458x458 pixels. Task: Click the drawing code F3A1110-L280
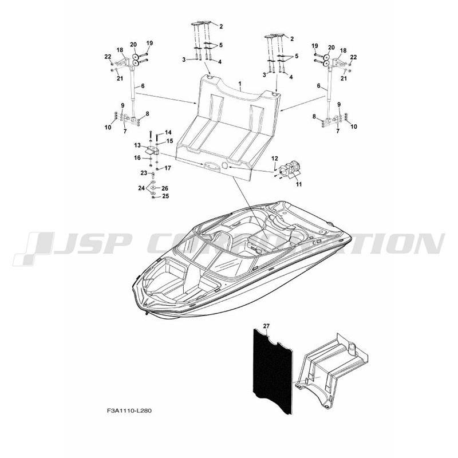pos(129,410)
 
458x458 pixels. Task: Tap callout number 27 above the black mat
pos(266,325)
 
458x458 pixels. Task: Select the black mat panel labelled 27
pos(273,371)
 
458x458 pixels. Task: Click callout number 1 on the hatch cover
pos(240,84)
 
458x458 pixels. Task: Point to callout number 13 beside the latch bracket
pos(137,145)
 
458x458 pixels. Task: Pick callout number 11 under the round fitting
pos(299,184)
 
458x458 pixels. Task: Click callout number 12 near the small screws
pos(275,159)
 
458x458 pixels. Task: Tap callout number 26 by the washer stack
pos(165,188)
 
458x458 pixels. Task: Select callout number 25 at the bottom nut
pos(165,196)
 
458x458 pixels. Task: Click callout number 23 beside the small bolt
pos(144,173)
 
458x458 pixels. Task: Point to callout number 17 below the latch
pos(167,168)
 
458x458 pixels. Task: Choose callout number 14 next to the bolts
pos(168,132)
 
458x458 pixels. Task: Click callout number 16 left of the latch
pos(137,158)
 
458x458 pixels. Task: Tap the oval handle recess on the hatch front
pos(212,165)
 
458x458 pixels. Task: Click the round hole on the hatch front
pos(226,165)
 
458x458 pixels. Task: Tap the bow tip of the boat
pos(146,313)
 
